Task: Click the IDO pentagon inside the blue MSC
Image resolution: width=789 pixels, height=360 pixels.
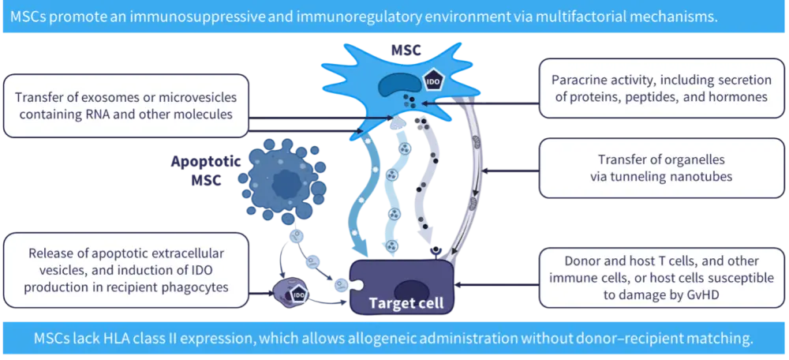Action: click(432, 81)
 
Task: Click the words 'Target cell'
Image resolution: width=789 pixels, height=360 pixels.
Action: click(406, 302)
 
